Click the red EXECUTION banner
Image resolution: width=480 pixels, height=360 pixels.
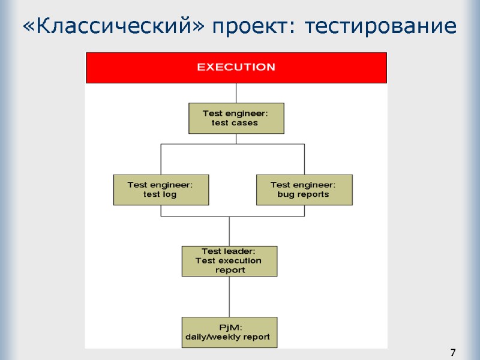point(236,67)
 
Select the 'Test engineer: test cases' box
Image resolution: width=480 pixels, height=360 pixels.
point(236,118)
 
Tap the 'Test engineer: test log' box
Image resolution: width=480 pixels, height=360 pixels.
point(161,190)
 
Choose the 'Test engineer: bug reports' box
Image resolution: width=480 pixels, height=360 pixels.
point(304,190)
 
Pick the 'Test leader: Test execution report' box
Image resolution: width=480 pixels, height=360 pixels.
point(229,261)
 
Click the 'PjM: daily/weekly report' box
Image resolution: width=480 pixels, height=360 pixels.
point(229,332)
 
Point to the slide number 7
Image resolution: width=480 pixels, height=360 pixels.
point(453,352)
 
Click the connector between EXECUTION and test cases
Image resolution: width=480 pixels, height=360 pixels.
point(236,93)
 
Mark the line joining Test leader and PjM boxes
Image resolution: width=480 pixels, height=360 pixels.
point(229,296)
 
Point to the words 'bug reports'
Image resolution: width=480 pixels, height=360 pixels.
point(303,194)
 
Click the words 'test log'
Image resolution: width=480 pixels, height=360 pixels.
point(160,194)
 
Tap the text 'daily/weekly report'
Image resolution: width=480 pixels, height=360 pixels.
point(227,337)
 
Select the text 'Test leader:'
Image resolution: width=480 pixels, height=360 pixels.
point(228,251)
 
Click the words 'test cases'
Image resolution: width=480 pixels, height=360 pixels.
point(235,123)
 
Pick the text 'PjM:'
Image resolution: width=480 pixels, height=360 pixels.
point(229,327)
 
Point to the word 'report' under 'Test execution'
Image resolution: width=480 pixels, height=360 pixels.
point(230,270)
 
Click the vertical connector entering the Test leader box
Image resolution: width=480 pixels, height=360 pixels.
point(229,231)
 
